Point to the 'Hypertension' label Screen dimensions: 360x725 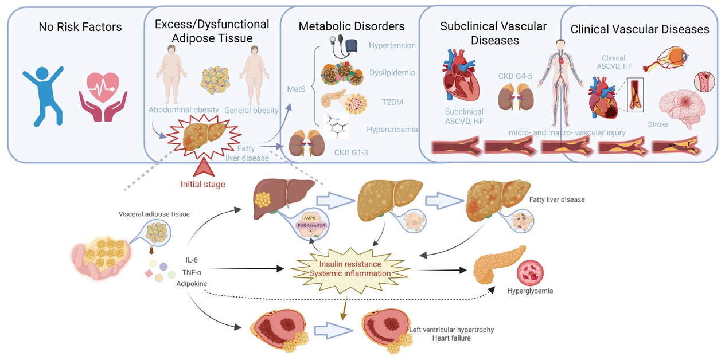pyautogui.click(x=392, y=45)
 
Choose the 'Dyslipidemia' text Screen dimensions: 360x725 pyautogui.click(x=392, y=73)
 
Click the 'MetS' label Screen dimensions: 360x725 pyautogui.click(x=296, y=89)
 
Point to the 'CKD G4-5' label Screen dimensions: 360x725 pyautogui.click(x=513, y=76)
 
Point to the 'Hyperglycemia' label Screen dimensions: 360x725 pyautogui.click(x=530, y=291)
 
